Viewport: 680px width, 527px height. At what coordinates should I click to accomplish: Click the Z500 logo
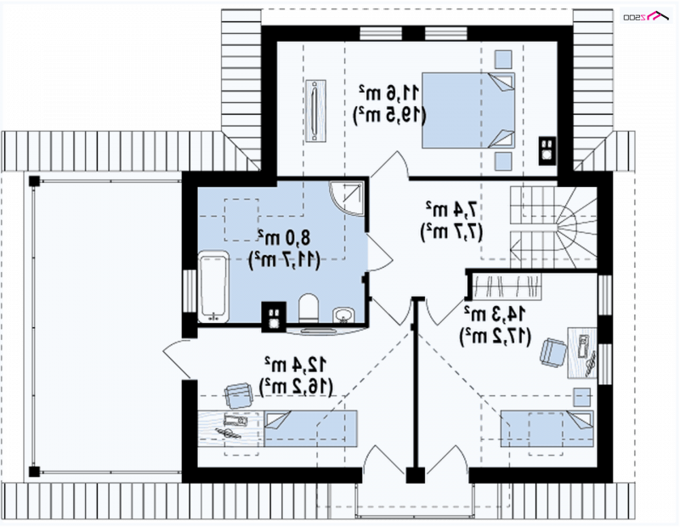coord(646,16)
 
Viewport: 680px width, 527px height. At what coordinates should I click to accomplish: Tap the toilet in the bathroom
coord(309,309)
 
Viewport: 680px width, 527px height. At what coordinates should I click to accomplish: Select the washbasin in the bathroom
coord(344,314)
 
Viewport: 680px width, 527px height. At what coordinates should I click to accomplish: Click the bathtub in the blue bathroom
coord(213,286)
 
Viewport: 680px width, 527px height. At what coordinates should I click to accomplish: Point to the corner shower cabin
coord(346,198)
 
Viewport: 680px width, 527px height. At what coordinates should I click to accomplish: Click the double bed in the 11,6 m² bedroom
coord(468,110)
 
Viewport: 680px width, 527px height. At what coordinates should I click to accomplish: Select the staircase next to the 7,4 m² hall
coord(553,227)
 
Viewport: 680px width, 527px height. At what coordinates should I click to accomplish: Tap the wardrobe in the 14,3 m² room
coord(507,286)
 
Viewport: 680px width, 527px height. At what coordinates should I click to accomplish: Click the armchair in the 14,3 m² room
coord(553,351)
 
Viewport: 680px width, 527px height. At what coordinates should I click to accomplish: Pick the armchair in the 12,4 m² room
coord(238,395)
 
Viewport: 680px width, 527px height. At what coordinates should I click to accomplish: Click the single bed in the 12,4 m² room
coord(310,428)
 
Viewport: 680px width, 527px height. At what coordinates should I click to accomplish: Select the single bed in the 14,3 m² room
coord(547,428)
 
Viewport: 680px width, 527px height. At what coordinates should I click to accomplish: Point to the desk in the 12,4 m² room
coord(230,428)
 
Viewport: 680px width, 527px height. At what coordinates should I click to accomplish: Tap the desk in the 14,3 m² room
coord(582,353)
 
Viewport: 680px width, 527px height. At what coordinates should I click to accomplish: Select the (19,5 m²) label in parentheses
coord(390,115)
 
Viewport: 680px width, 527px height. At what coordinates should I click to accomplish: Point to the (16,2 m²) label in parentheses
coord(296,387)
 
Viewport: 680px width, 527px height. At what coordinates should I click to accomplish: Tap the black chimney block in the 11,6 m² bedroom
coord(547,150)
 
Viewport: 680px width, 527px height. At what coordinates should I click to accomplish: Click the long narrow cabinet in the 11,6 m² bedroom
coord(315,110)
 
